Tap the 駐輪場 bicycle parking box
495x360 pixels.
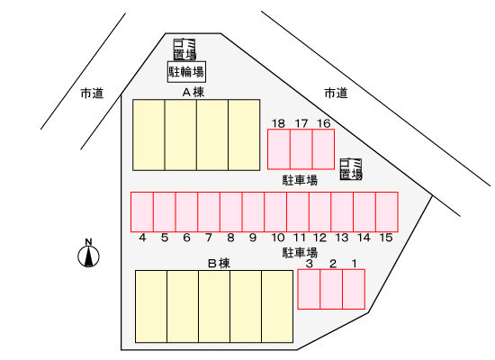(x=186, y=72)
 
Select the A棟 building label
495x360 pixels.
(x=193, y=92)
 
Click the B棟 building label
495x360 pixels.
(x=219, y=263)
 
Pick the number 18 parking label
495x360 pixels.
(x=278, y=123)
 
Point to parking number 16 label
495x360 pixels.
(x=324, y=123)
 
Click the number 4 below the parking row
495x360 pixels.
(x=142, y=238)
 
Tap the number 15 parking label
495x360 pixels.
(x=386, y=238)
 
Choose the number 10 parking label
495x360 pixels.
(x=278, y=238)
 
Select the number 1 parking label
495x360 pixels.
(x=355, y=264)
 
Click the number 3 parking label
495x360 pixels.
(x=310, y=264)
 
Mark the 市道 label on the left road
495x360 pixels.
(x=92, y=94)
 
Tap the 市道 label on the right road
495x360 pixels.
(x=336, y=94)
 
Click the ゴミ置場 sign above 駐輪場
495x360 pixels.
(x=184, y=49)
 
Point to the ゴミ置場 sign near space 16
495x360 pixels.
(x=351, y=169)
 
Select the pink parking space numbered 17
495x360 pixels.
(x=301, y=149)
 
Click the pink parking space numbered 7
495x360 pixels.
(x=209, y=211)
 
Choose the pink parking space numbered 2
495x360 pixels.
(x=331, y=289)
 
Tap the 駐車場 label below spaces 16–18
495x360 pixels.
(x=300, y=181)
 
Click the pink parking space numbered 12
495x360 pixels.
(x=319, y=211)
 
